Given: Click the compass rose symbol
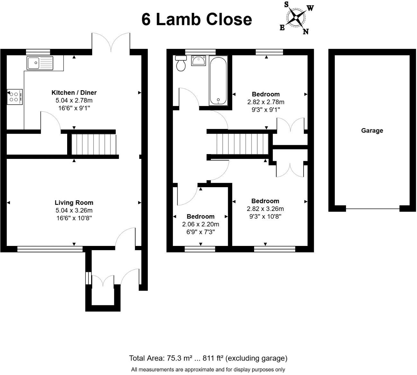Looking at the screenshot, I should [296, 18].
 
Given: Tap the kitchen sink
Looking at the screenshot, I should [40, 63].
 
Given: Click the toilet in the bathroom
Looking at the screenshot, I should [181, 63].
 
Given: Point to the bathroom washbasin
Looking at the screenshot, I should [199, 60].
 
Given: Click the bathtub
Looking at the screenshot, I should [218, 80].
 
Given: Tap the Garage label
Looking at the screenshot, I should [372, 131].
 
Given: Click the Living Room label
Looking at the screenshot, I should [74, 203].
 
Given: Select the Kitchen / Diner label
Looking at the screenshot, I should [74, 93].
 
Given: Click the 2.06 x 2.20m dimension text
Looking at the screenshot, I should [200, 224].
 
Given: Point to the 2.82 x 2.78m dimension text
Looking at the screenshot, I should [266, 102].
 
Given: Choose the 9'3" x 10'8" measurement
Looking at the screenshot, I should [265, 216].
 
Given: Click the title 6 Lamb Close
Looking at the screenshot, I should [197, 19].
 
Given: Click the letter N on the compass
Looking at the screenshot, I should [306, 31].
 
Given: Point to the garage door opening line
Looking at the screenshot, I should [373, 209].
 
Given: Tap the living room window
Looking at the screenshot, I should [50, 249].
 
